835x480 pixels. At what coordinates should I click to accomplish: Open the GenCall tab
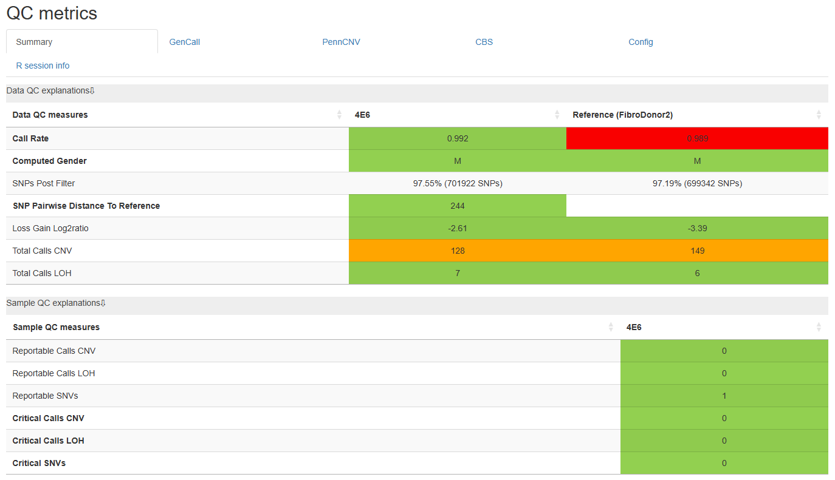185,42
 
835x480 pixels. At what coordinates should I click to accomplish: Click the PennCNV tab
341,42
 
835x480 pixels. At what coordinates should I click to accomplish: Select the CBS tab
484,42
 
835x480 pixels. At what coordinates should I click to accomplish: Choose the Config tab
641,42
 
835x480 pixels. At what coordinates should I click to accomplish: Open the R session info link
43,66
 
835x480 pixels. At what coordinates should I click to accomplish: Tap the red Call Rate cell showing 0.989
697,138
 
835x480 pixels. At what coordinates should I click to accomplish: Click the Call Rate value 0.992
458,138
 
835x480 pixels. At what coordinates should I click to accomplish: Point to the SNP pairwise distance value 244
458,206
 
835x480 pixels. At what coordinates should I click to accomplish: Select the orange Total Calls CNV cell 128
458,251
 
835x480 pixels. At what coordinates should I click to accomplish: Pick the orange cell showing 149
697,251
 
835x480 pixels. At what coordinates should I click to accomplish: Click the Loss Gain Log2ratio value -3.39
697,228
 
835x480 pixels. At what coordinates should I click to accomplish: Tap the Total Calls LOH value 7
458,273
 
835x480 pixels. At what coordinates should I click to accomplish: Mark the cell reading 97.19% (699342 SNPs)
697,183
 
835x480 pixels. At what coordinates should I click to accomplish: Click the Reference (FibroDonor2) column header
622,115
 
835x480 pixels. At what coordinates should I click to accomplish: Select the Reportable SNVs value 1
724,396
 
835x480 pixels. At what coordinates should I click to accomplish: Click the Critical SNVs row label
39,463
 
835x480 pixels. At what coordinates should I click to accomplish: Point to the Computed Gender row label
49,161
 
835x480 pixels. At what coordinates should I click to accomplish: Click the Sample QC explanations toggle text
56,303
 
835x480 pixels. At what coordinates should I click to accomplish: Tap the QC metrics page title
52,13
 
